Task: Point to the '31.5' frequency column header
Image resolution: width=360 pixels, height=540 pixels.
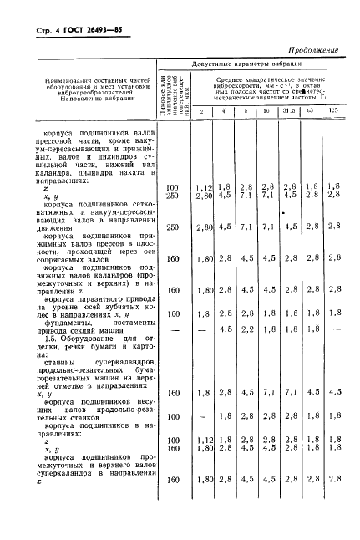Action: tap(289, 110)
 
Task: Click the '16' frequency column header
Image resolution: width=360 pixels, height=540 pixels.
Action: tap(266, 110)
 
